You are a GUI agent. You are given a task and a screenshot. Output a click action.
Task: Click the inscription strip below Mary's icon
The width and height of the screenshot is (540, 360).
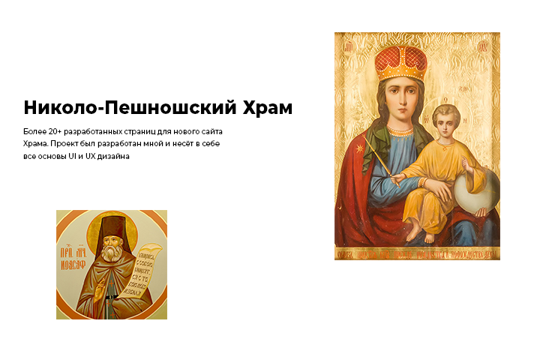(416, 254)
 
